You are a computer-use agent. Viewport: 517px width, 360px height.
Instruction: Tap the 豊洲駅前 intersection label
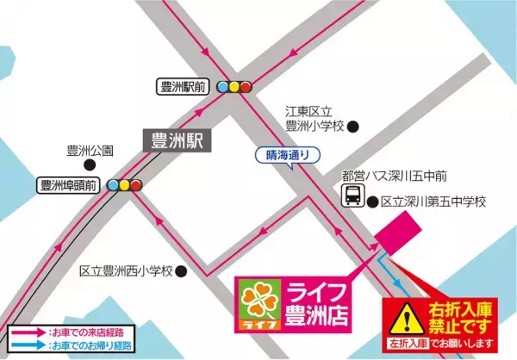click(x=183, y=86)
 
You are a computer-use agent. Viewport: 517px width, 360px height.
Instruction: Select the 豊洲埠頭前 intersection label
click(x=67, y=185)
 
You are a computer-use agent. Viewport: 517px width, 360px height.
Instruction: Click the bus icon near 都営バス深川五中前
click(x=352, y=196)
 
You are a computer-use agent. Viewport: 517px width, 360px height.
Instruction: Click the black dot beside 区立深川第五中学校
click(x=372, y=203)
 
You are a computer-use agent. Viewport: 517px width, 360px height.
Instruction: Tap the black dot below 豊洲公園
click(x=90, y=164)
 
